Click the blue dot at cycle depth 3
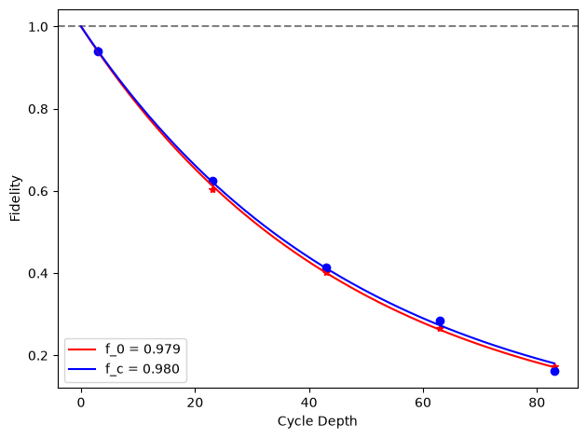point(98,51)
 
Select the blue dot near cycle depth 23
point(212,181)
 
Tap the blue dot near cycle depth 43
point(326,267)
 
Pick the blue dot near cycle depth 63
point(440,321)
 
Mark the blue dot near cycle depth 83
point(554,371)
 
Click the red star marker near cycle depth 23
point(212,189)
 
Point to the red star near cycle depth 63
point(440,329)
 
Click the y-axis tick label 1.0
point(38,27)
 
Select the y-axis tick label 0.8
point(38,109)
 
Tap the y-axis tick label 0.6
point(38,191)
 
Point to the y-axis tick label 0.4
point(38,273)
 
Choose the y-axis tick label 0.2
point(38,355)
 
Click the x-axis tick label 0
point(81,403)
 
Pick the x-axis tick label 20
point(195,403)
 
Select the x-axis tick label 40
point(309,403)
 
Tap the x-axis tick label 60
point(423,403)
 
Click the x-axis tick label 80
point(537,403)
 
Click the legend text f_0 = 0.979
point(143,349)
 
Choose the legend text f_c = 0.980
point(143,369)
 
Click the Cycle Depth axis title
point(317,421)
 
